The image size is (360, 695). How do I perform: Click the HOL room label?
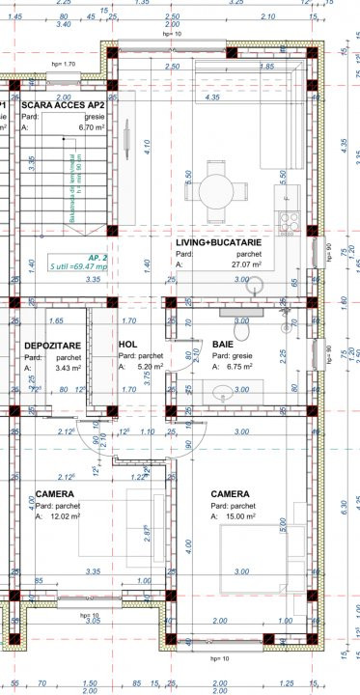coord(127,345)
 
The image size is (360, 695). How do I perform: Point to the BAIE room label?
coord(223,345)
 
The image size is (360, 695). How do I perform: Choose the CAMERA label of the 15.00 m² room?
coord(232,493)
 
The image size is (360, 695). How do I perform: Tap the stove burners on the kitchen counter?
coord(287,220)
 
